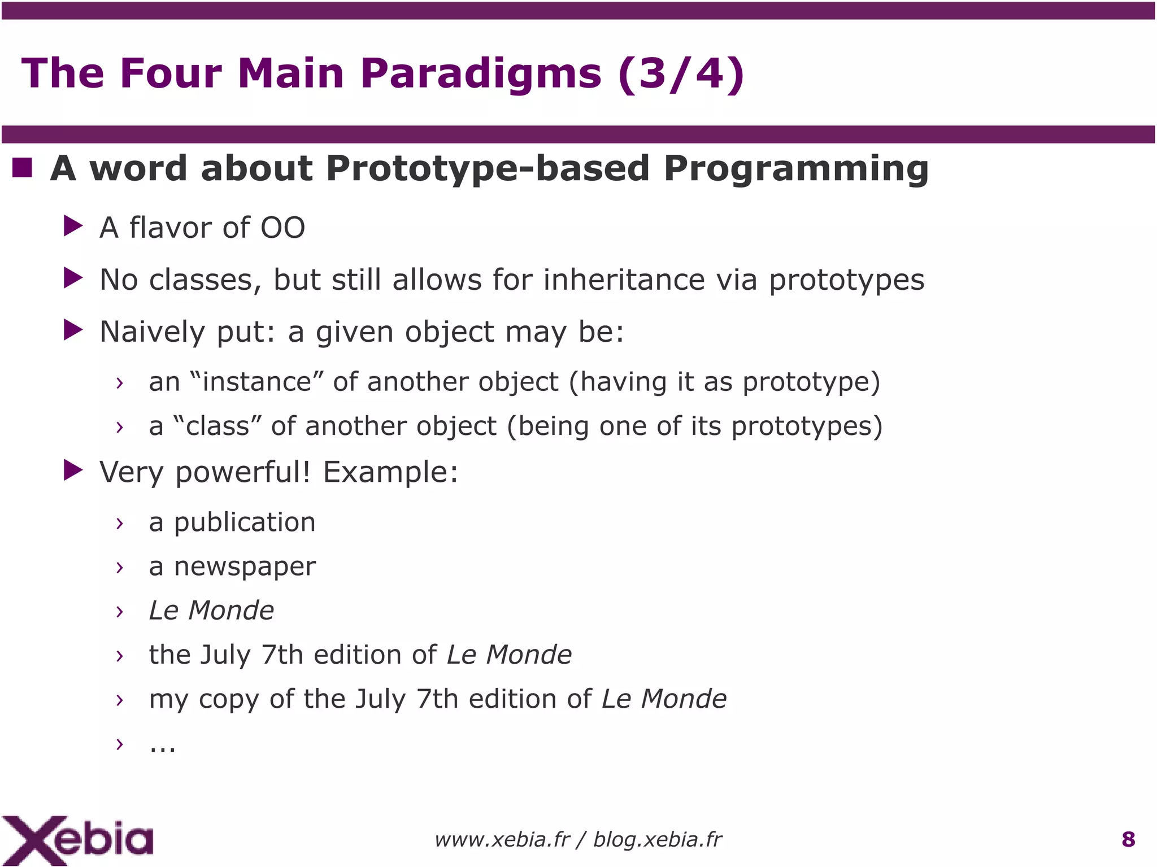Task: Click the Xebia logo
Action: [77, 840]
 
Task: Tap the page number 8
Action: [1128, 839]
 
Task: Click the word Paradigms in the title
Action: [481, 73]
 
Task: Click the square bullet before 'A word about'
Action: [23, 168]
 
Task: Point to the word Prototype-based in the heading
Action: [488, 169]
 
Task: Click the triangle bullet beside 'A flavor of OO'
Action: [73, 226]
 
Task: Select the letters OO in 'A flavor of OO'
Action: [282, 228]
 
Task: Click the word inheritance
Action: [624, 280]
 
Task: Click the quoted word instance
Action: [257, 382]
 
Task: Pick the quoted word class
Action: [218, 426]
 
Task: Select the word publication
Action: [245, 522]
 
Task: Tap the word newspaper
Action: [245, 567]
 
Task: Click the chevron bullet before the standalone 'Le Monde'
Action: [119, 611]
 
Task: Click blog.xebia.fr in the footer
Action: [657, 840]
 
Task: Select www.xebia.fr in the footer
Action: [502, 840]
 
